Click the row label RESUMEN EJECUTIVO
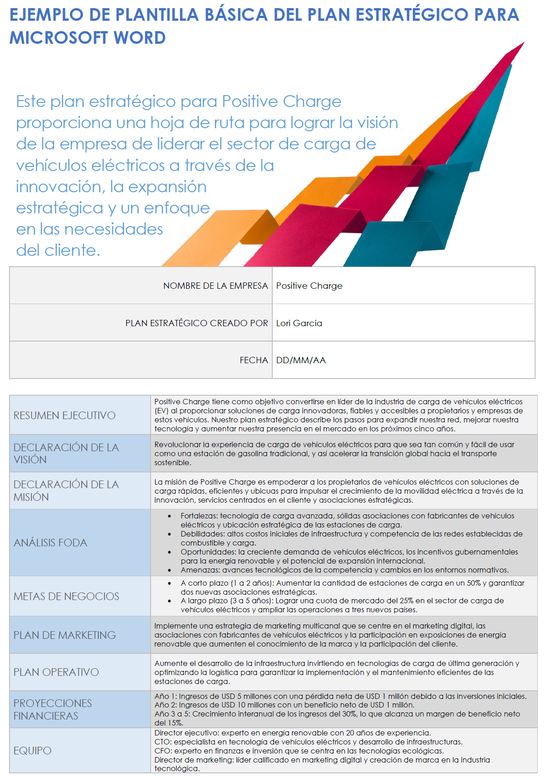[64, 415]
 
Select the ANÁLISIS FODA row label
[50, 543]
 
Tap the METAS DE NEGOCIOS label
[66, 596]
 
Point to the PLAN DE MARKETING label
[64, 635]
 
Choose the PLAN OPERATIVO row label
[56, 672]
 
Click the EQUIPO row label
[32, 750]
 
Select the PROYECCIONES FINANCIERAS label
[52, 709]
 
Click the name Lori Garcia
[299, 323]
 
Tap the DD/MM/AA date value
[301, 360]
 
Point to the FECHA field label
[254, 360]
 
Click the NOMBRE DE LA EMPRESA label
[215, 286]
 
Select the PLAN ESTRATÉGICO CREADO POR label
[197, 323]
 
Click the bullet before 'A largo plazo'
[169, 601]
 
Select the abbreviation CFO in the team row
[162, 751]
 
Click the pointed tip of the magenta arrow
[523, 43]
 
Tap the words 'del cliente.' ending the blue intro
[58, 250]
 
